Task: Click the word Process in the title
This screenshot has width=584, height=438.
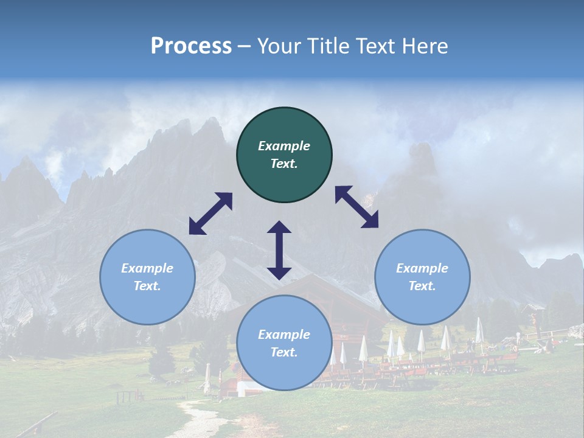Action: [191, 46]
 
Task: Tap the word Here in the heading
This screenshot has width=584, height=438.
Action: [425, 46]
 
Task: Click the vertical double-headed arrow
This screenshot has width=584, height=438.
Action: [279, 250]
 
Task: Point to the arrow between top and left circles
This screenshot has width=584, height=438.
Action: [210, 214]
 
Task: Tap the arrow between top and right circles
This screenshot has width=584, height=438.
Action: [357, 207]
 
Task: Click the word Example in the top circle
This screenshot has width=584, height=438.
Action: [284, 146]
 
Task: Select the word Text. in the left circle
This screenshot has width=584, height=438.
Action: [147, 286]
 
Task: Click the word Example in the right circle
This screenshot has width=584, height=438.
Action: [422, 268]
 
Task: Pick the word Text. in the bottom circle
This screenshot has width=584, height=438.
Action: [284, 352]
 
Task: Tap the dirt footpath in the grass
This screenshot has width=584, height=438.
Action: [201, 420]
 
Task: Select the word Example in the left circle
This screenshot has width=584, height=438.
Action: [147, 268]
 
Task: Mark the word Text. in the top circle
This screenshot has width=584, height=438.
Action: [284, 164]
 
